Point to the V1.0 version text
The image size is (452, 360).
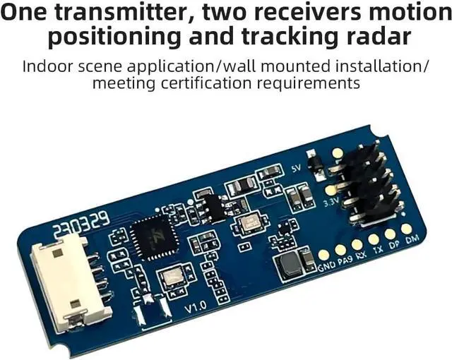(196, 308)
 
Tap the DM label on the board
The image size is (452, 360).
(412, 241)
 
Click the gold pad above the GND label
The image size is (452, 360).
(323, 255)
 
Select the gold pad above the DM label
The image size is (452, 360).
(407, 229)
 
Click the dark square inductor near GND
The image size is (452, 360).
(290, 265)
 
